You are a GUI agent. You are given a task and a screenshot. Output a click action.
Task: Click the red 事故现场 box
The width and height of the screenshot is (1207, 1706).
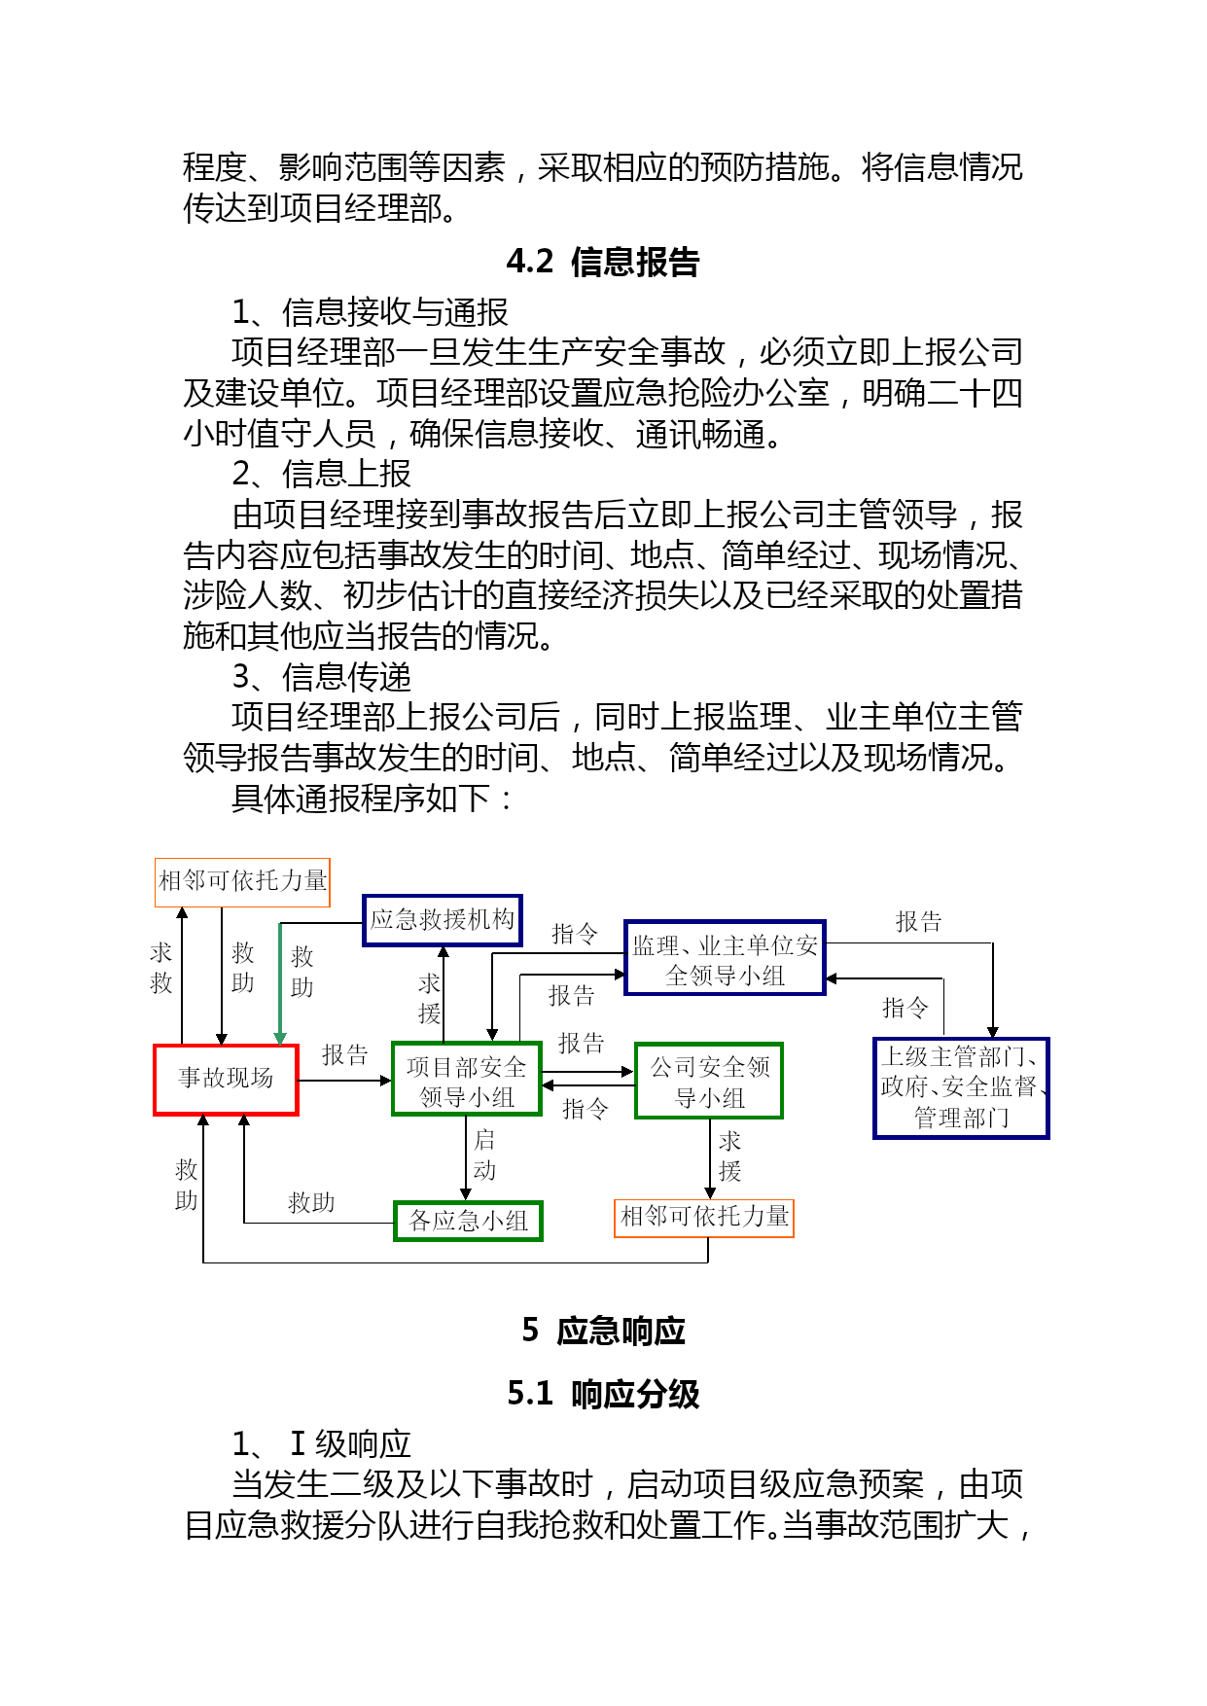[226, 1080]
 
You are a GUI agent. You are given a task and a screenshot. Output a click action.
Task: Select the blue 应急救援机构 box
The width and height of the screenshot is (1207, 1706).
[443, 920]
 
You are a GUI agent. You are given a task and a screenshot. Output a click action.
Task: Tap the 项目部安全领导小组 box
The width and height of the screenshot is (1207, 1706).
[467, 1080]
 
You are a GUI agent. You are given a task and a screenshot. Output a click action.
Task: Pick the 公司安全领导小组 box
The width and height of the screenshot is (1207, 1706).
[709, 1081]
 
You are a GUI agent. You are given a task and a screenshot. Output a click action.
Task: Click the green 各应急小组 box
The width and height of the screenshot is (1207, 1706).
[468, 1221]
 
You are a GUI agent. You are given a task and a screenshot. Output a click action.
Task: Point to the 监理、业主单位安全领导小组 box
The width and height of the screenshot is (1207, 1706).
[725, 958]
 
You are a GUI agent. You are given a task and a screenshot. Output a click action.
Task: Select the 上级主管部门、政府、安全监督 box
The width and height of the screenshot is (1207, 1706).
[961, 1088]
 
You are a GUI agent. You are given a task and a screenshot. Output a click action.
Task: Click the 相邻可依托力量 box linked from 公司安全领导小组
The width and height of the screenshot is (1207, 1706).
[704, 1218]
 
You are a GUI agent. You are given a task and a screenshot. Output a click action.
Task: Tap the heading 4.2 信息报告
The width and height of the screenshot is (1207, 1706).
[603, 262]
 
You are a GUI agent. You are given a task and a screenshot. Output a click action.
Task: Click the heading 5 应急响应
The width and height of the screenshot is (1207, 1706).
[603, 1331]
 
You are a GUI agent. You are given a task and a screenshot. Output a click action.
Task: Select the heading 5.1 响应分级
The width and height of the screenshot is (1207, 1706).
[603, 1394]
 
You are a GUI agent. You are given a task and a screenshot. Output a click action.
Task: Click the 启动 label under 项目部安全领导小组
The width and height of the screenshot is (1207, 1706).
[484, 1155]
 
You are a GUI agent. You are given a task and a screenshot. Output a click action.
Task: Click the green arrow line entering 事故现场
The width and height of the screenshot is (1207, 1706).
[280, 983]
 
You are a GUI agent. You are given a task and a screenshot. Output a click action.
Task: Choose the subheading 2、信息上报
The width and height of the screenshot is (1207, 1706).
[322, 474]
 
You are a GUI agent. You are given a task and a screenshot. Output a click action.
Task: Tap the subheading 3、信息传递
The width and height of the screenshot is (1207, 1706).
[322, 676]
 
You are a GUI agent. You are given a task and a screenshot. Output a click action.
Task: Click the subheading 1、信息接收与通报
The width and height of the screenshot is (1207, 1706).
[371, 312]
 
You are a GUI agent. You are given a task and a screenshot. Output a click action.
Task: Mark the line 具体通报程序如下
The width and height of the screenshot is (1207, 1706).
[373, 799]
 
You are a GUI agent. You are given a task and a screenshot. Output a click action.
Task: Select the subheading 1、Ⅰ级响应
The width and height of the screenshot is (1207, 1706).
[322, 1443]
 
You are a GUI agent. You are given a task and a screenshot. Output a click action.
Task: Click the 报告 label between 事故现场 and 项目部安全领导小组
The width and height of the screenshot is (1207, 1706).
[345, 1055]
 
